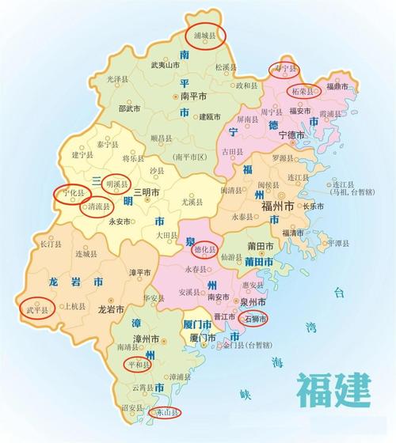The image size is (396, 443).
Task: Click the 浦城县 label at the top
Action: (x=204, y=34)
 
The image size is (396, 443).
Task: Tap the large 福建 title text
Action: (x=333, y=389)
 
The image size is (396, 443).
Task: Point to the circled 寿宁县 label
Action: (x=284, y=69)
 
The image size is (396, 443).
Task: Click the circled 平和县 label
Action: (x=139, y=363)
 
